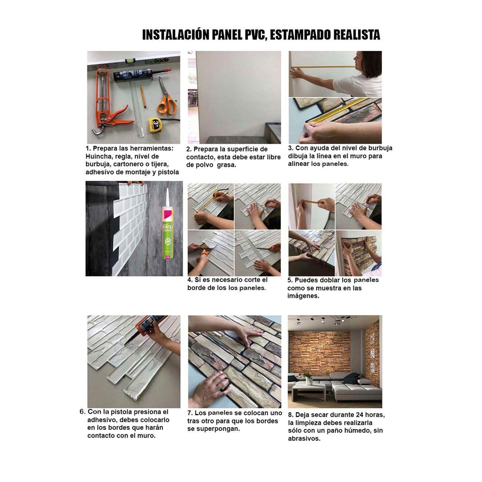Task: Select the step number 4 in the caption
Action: pos(189,280)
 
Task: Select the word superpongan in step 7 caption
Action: pos(217,429)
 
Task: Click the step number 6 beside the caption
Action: pos(82,412)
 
